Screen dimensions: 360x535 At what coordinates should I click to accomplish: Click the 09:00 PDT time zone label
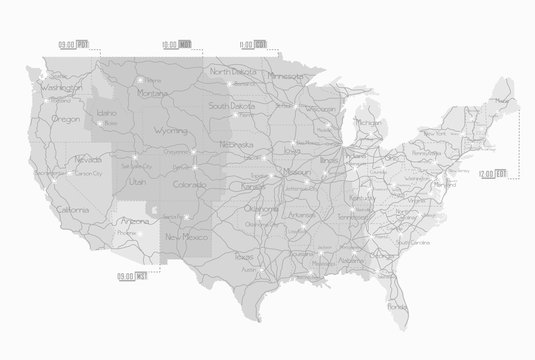(75, 44)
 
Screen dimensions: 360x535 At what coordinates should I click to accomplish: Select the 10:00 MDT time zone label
(177, 44)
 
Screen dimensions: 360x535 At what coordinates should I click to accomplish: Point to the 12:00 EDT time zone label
(492, 174)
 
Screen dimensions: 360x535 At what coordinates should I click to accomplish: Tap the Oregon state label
(66, 118)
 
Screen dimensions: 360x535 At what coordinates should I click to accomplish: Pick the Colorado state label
(189, 184)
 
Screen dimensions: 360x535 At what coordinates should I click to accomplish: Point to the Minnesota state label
(285, 75)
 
